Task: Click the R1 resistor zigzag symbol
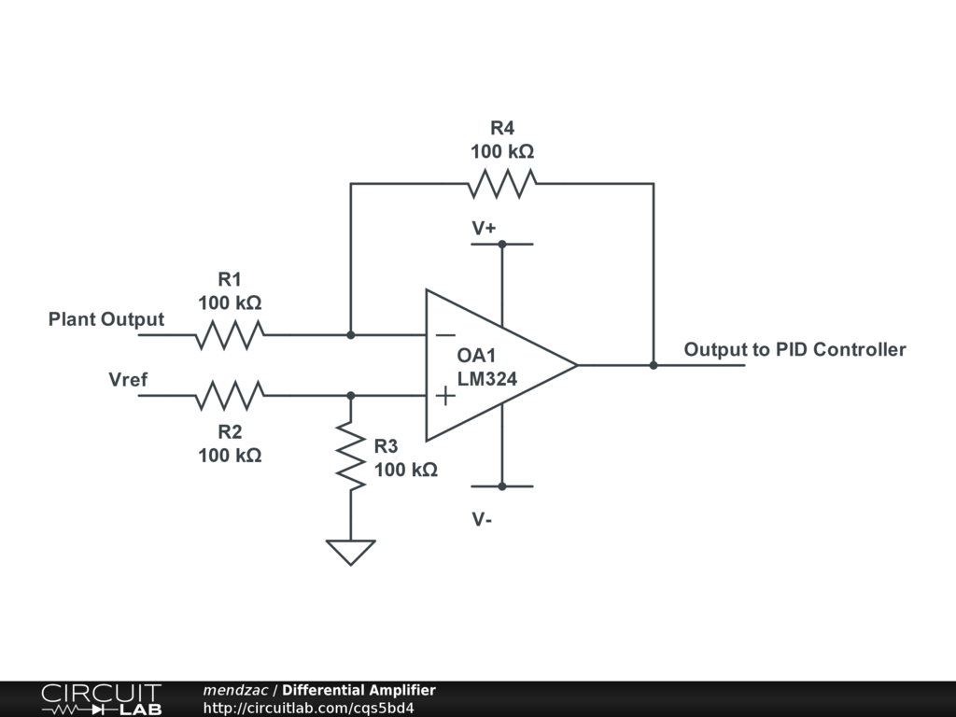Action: pos(230,335)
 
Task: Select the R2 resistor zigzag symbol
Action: pos(230,396)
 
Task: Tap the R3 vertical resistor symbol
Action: pos(351,455)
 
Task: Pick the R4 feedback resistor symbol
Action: pos(502,184)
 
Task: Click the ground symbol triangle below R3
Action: pos(351,553)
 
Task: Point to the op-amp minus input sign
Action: pos(445,335)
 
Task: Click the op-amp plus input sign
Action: pos(445,396)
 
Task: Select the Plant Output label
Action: pos(106,319)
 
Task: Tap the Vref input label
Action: pos(127,379)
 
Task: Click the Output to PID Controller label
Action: pos(794,349)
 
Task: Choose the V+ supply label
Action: pos(484,228)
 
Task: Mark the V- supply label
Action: pos(482,519)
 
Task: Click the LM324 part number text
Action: pos(487,379)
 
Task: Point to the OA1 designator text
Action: pos(476,356)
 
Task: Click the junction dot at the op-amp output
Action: pos(654,365)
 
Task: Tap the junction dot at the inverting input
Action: pos(351,335)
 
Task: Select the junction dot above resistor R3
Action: pos(351,396)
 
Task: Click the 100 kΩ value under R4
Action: pos(502,151)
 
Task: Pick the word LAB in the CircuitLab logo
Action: pos(141,710)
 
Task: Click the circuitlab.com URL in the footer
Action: pos(308,708)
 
